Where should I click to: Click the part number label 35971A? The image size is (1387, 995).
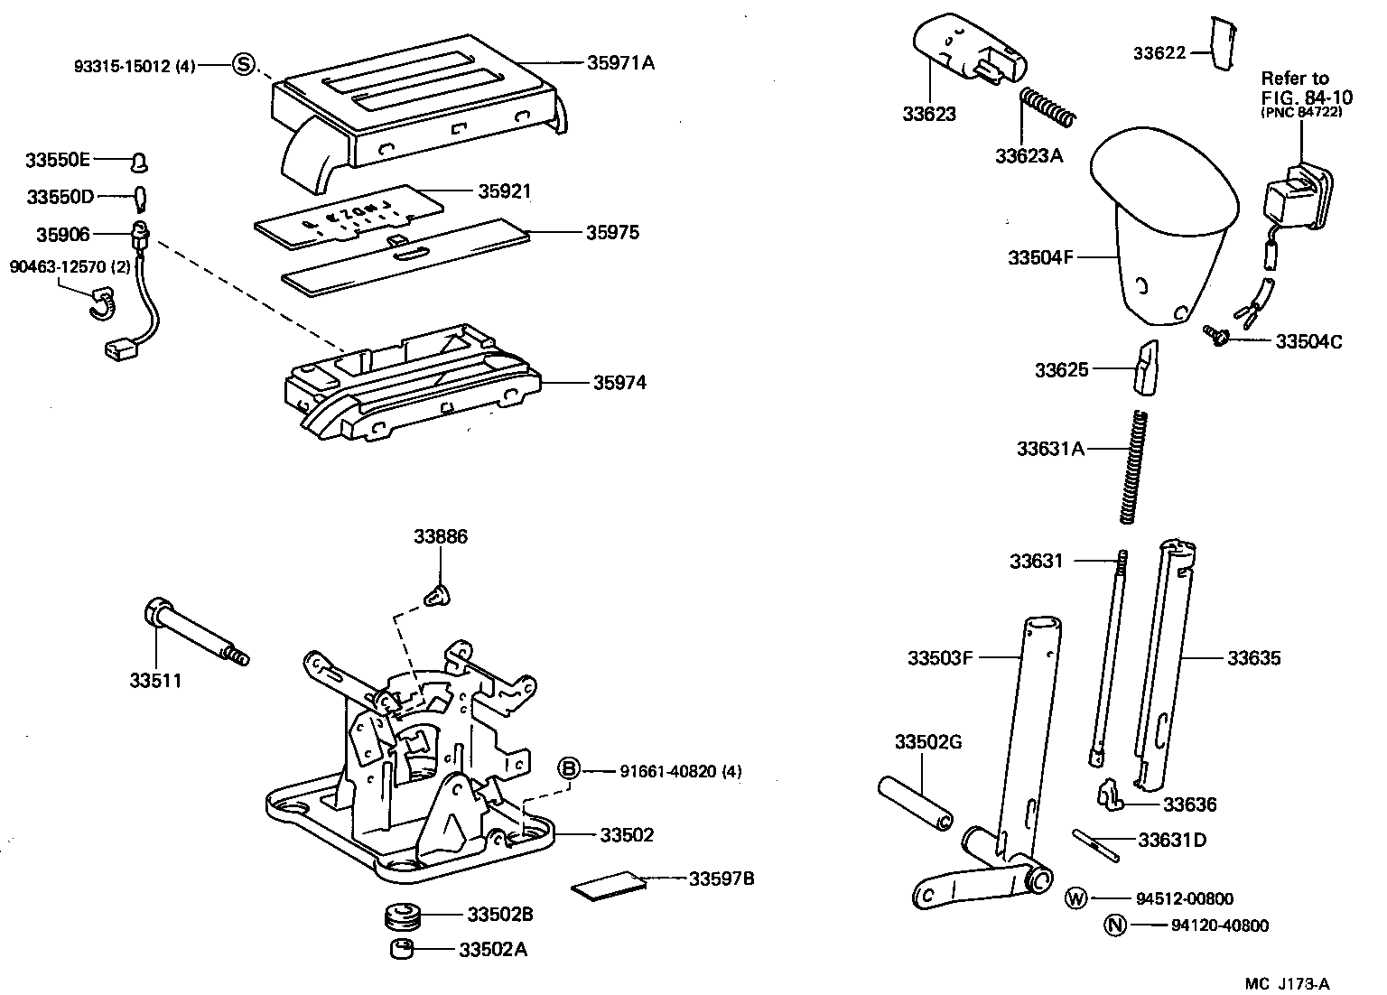(620, 63)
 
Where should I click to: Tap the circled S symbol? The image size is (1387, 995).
(243, 64)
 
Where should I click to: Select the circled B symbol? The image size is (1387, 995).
(569, 770)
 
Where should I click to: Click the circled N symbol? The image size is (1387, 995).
(1116, 925)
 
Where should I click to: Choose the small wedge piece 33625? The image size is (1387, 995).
(1147, 367)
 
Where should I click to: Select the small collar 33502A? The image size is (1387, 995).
(401, 949)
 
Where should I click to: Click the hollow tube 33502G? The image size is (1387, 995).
(914, 803)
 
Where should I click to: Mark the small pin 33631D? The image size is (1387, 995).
(1096, 843)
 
